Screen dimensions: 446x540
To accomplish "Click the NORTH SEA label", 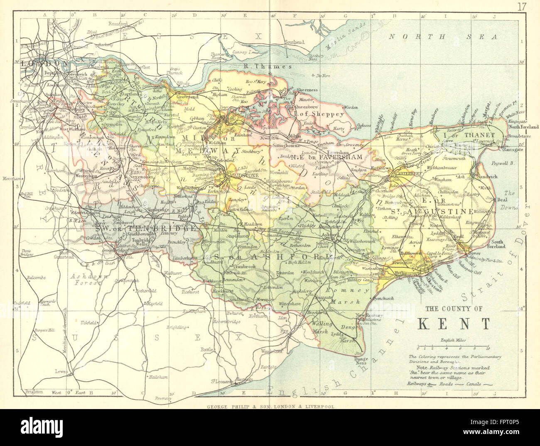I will coord(443,37).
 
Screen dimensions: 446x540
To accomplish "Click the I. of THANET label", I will coord(475,135).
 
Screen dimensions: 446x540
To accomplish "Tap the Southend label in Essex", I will coord(294,42).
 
